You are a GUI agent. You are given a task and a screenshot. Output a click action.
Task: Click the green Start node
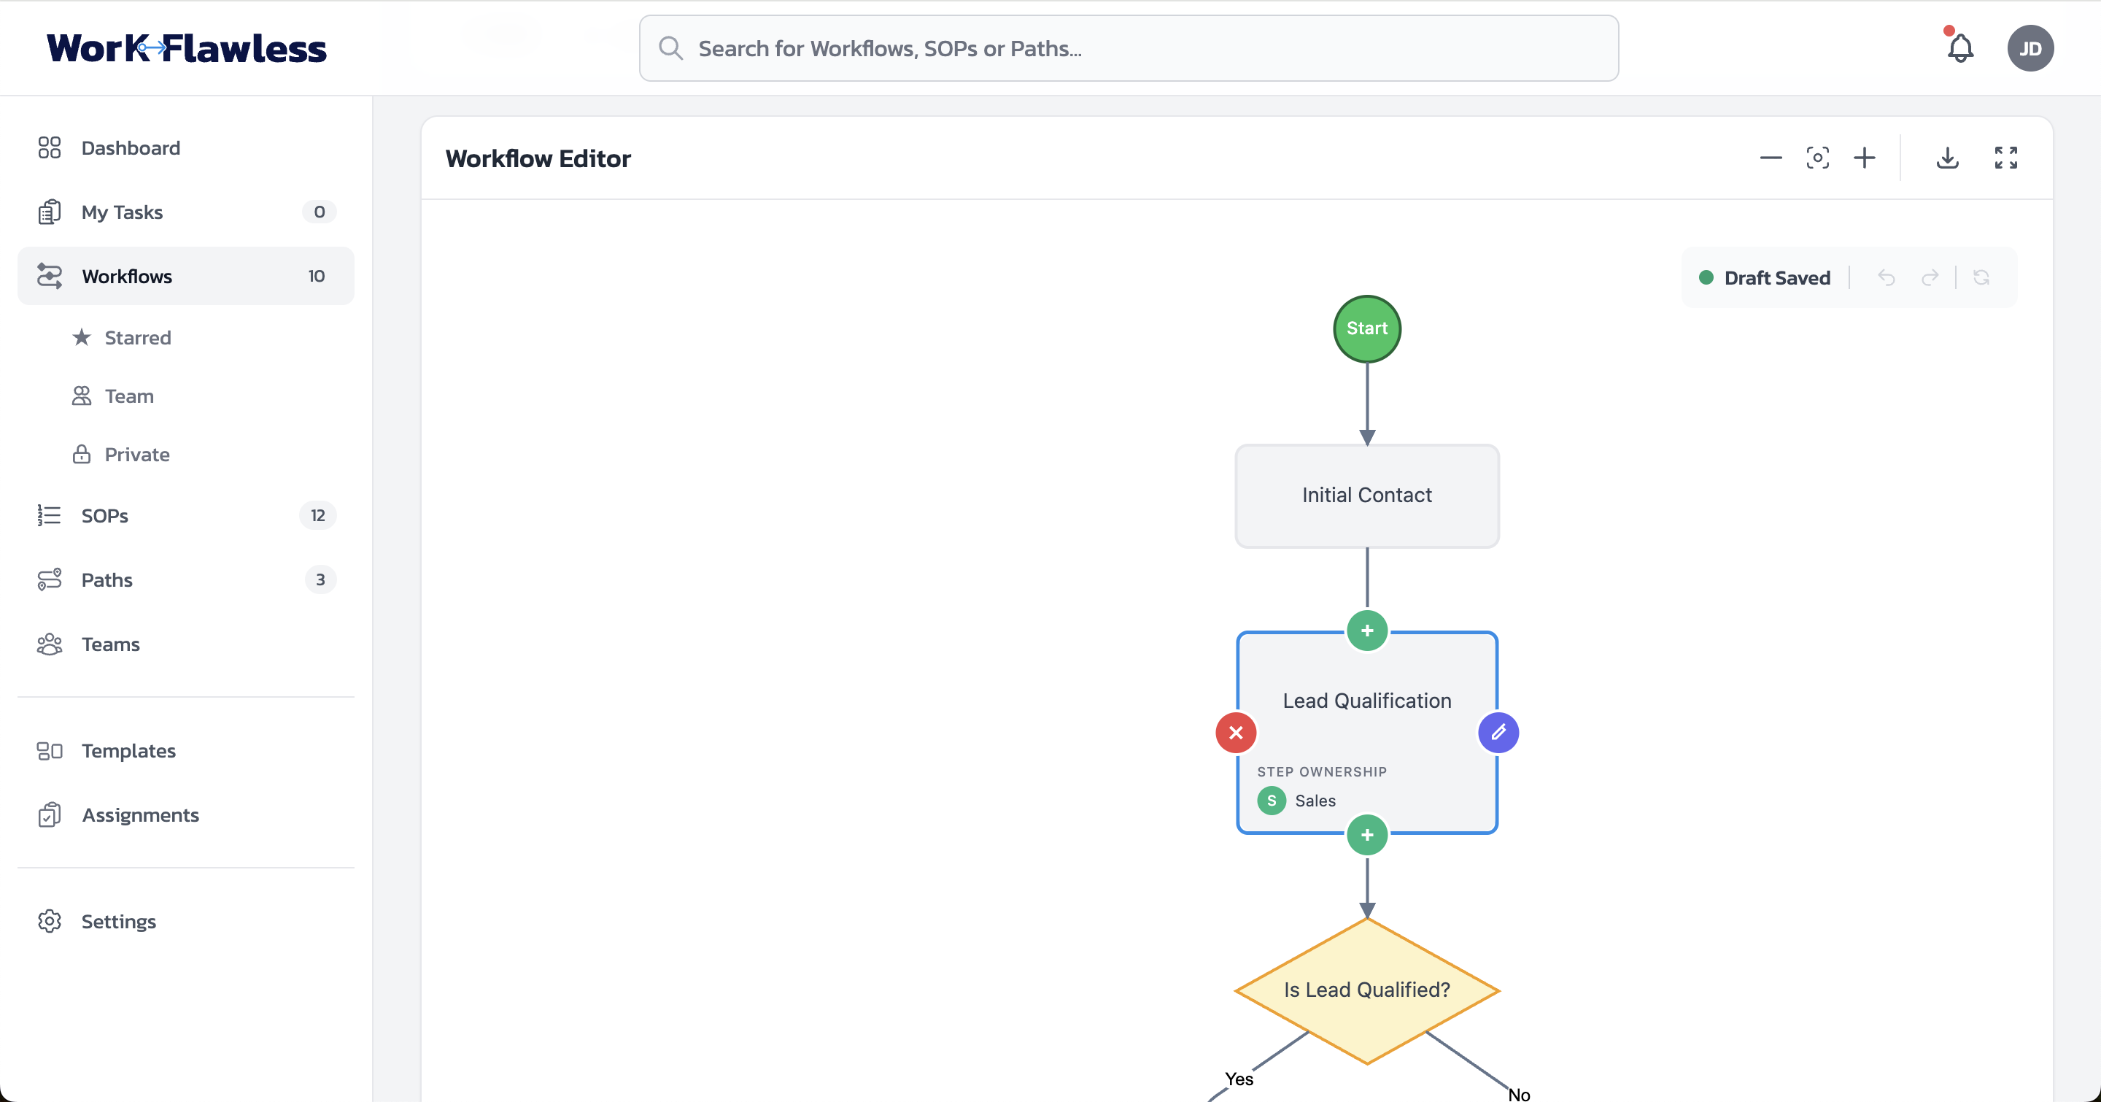(1367, 328)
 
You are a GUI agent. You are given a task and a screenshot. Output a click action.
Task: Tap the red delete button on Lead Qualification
(1236, 733)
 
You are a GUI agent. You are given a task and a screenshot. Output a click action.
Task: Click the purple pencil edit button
(1498, 733)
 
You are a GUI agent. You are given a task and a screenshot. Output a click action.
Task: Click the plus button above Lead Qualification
(1367, 631)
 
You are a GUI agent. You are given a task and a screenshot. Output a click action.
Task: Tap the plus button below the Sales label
(1367, 836)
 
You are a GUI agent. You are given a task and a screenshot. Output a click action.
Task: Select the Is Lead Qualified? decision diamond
(1367, 990)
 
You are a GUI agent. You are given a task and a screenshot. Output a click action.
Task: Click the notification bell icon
(1960, 49)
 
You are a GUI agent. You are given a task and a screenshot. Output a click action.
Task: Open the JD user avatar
(2030, 49)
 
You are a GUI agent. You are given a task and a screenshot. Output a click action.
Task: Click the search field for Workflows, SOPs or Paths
(1129, 49)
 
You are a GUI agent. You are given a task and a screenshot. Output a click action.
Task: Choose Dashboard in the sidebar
(131, 147)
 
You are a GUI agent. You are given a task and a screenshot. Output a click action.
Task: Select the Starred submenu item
(137, 338)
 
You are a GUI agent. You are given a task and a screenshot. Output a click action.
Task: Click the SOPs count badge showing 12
(317, 515)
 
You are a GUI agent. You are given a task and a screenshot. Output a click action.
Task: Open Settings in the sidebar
(118, 922)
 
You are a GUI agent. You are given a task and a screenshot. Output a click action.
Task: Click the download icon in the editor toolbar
(1948, 158)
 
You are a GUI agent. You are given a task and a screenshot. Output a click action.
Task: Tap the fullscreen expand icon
(2005, 158)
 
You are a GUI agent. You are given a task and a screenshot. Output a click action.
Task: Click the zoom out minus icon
(1771, 158)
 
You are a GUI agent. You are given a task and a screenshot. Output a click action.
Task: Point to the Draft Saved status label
(1776, 278)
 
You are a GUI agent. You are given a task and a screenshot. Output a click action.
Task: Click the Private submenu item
(136, 455)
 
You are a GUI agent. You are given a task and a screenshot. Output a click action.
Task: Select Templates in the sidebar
(128, 750)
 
